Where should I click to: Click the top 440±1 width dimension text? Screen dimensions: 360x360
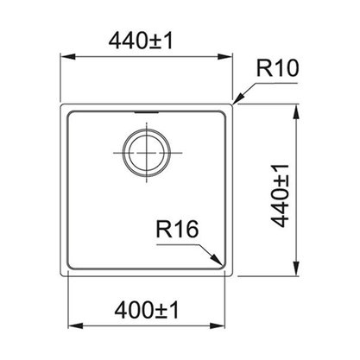pyautogui.click(x=141, y=41)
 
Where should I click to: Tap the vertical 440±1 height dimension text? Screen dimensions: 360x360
pyautogui.click(x=280, y=196)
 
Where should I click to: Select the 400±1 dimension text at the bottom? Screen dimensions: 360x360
pyautogui.click(x=147, y=310)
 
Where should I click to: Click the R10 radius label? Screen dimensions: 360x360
pyautogui.click(x=278, y=68)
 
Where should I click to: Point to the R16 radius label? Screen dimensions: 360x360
pyautogui.click(x=177, y=229)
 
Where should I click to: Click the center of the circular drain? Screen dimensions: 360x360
pyautogui.click(x=147, y=153)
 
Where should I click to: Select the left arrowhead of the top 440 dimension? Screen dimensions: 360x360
pyautogui.click(x=67, y=57)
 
